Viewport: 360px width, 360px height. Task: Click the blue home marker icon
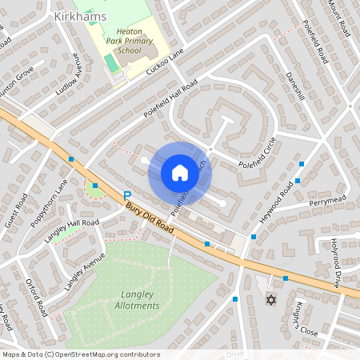coord(179,173)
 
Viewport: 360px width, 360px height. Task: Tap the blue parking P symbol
coord(126,195)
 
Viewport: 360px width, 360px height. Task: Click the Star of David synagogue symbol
coord(270,300)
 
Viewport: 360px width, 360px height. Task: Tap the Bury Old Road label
coord(150,217)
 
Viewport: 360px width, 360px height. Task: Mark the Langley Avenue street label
coord(86,270)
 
